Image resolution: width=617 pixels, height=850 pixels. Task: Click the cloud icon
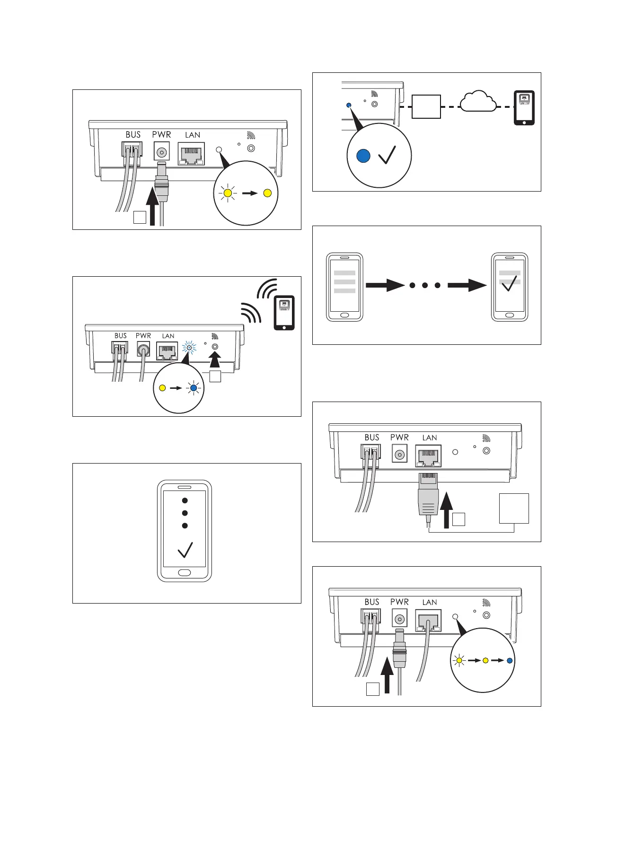(x=478, y=102)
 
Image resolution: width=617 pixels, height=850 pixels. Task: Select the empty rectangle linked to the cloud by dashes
(x=426, y=106)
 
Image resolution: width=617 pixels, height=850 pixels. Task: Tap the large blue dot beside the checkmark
(x=363, y=156)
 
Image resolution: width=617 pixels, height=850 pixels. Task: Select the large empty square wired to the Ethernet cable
(x=514, y=508)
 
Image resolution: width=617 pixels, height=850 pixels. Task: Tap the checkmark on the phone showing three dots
(x=185, y=550)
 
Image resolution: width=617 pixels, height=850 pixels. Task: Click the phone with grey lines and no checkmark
(x=344, y=287)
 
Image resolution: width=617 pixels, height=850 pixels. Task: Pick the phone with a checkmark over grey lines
(x=509, y=287)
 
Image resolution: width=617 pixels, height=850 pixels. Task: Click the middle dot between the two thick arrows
(x=425, y=285)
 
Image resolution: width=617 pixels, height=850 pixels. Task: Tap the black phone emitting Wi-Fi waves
(x=284, y=312)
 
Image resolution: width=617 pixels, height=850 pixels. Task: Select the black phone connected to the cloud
(x=524, y=107)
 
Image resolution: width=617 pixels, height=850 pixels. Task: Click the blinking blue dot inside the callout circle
(x=193, y=388)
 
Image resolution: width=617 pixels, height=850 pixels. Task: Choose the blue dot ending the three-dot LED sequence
(x=509, y=660)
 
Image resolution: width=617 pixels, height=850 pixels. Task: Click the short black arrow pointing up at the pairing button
(x=215, y=361)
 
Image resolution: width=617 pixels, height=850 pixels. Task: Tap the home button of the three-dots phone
(x=184, y=573)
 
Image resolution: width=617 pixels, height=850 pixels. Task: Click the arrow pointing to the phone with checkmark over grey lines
(x=467, y=285)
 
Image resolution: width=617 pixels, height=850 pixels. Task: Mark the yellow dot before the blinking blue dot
(x=162, y=388)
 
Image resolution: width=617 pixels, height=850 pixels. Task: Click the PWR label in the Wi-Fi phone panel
(x=143, y=336)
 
